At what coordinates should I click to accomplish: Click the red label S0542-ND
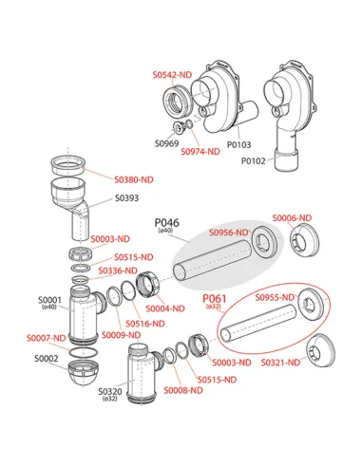tap(172, 75)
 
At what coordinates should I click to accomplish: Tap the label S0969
tap(166, 143)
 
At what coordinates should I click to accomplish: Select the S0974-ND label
tap(200, 152)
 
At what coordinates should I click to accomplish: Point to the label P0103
tap(238, 144)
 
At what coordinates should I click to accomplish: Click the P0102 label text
tap(254, 160)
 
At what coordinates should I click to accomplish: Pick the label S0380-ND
tap(134, 179)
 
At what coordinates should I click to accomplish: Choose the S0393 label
tap(126, 198)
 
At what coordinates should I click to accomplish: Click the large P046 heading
tap(166, 223)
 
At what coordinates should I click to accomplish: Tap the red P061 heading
tap(215, 299)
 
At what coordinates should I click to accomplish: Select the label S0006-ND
tap(292, 218)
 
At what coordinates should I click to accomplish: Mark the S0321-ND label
tap(280, 363)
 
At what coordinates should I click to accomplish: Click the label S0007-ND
tap(46, 338)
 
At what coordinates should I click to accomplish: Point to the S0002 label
tap(47, 359)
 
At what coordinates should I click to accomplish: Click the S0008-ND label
tap(183, 390)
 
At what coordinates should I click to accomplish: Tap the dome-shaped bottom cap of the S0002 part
tap(83, 372)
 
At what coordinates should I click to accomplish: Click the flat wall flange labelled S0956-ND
tap(267, 242)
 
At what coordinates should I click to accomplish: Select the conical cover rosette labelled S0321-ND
tap(320, 350)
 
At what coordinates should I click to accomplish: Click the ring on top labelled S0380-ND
tap(68, 165)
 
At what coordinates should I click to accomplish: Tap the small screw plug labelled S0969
tap(179, 127)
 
